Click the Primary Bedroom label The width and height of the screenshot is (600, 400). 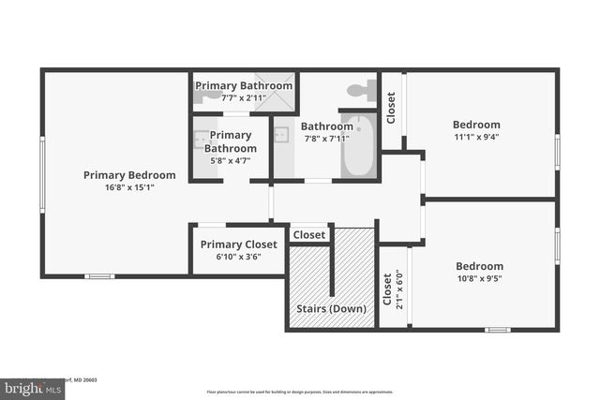tap(129, 174)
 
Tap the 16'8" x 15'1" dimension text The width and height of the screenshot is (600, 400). tap(129, 187)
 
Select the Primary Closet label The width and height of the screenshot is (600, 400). tap(239, 244)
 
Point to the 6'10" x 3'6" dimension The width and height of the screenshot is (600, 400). tap(238, 257)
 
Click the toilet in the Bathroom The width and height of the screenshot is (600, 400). tap(358, 91)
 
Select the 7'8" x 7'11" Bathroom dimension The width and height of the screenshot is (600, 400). tap(326, 139)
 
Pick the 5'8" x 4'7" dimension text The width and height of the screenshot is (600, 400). tap(230, 161)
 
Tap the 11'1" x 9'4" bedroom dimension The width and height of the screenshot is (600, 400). tap(476, 138)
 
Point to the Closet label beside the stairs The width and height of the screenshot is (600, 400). tap(309, 234)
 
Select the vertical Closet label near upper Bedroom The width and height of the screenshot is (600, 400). tap(391, 108)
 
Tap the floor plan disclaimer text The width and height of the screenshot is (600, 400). tap(300, 392)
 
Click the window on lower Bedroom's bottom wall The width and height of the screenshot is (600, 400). tap(498, 330)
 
